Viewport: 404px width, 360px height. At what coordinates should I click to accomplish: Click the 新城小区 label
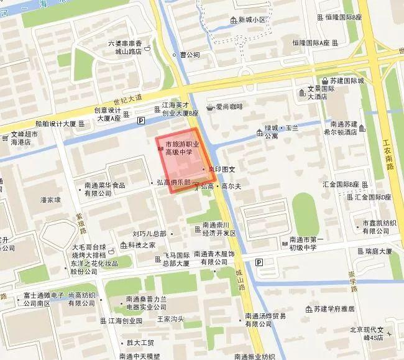click(x=252, y=19)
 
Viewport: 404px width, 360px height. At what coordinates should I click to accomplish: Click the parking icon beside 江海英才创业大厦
click(x=141, y=121)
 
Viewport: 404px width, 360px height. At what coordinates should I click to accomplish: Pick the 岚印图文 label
click(x=221, y=169)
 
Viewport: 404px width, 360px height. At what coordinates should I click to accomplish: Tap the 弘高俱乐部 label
click(x=174, y=184)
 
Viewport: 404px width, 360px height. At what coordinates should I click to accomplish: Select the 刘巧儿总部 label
click(x=149, y=234)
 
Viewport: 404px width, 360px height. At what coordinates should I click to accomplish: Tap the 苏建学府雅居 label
click(x=334, y=308)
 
